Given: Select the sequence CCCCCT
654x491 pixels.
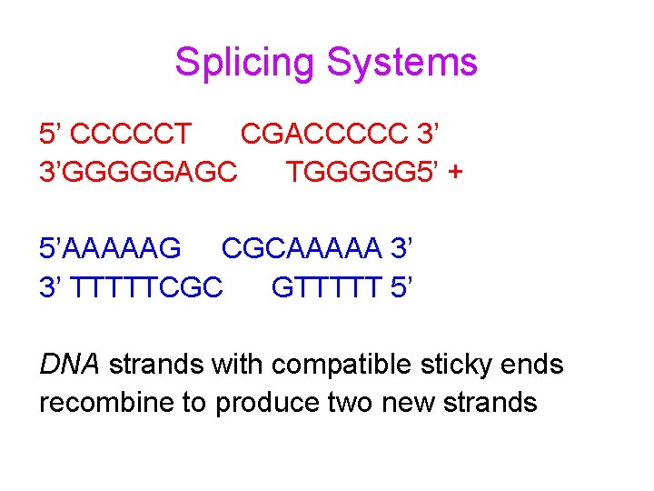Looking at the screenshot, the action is pos(131,135).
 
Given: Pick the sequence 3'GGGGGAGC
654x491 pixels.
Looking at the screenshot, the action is pos(140,171).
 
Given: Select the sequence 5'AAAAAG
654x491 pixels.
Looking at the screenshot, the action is pos(111,248).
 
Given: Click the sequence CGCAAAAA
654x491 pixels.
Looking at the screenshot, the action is pos(301,248).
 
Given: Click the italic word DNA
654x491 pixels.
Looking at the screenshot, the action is pos(70,365).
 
